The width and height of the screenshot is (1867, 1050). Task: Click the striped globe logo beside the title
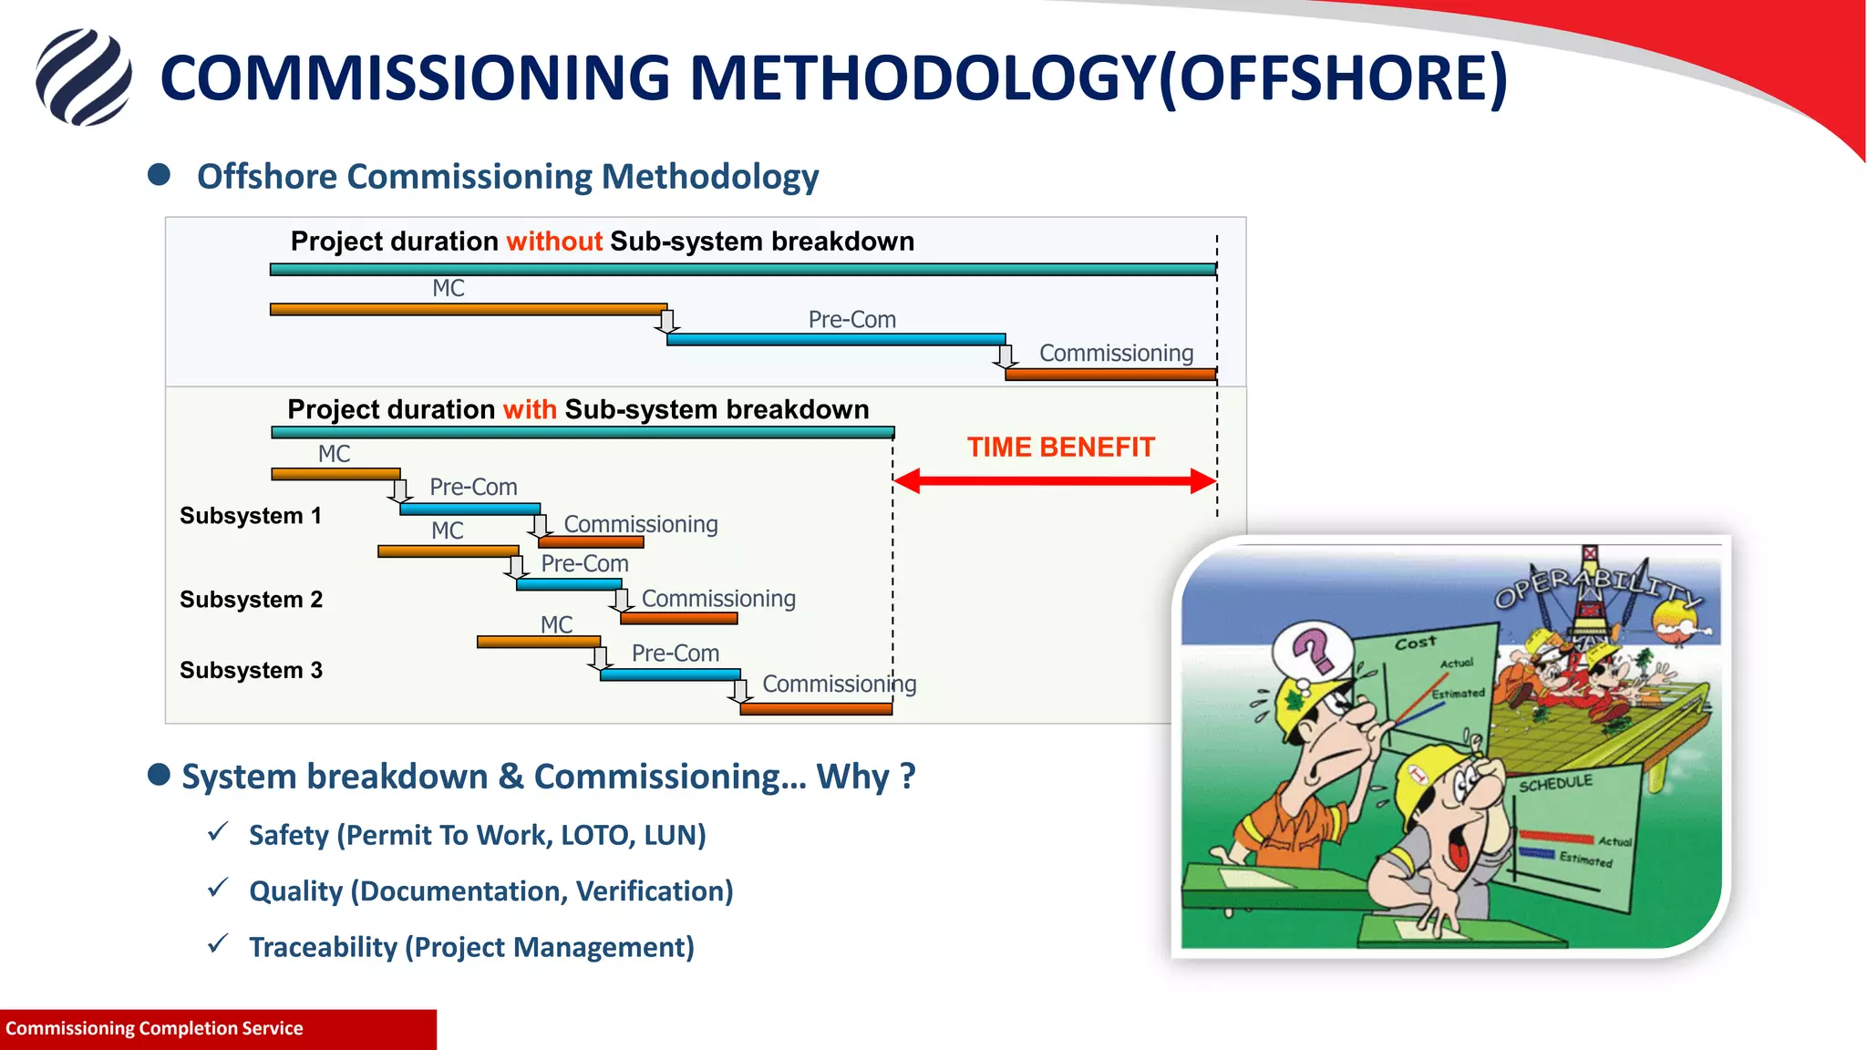click(x=84, y=77)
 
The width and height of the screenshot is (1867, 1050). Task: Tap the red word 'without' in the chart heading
click(x=554, y=242)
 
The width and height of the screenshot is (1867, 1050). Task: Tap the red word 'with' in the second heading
click(x=530, y=409)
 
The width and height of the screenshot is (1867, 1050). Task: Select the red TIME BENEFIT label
click(x=1060, y=448)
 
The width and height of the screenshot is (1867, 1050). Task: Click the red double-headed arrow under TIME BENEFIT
click(x=1055, y=481)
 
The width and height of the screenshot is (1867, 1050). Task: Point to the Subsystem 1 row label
click(x=251, y=516)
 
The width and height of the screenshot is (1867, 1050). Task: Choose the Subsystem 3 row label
click(x=251, y=671)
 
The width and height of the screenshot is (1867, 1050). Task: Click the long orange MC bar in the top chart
click(x=469, y=310)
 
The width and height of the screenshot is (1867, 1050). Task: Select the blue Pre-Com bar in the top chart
click(x=836, y=339)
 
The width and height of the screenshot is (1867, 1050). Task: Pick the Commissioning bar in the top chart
click(x=1110, y=374)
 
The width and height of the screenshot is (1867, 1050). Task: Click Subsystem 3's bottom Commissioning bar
click(x=816, y=709)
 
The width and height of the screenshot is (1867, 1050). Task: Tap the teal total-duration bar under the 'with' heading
click(x=583, y=433)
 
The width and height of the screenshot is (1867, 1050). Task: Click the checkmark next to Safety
click(x=218, y=832)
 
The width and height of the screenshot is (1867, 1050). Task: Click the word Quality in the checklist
click(x=295, y=891)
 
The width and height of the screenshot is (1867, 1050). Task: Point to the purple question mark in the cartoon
click(x=1314, y=648)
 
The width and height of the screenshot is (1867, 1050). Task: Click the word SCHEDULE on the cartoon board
click(x=1555, y=783)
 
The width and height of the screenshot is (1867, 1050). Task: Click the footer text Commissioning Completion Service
click(x=154, y=1029)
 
